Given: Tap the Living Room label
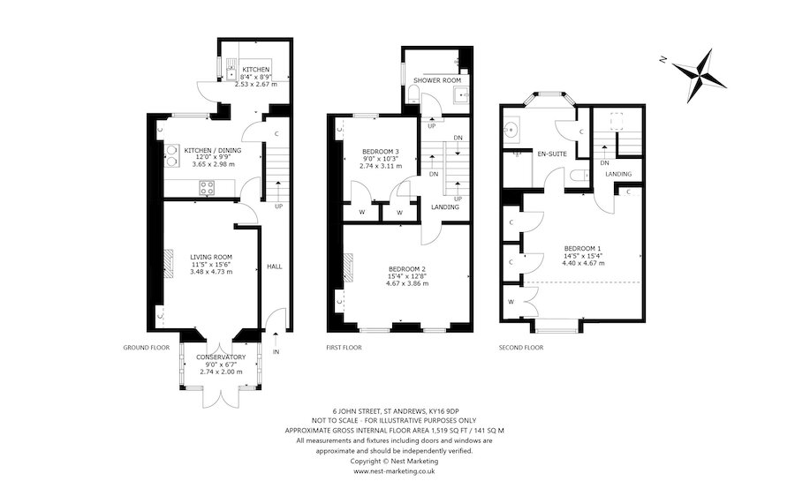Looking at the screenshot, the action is point(211,257).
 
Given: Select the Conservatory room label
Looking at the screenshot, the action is point(221,357).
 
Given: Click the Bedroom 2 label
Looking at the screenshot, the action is point(407,268).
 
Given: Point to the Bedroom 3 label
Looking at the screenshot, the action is point(380,151).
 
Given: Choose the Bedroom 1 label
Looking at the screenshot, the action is point(583,248).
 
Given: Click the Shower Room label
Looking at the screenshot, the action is point(437,80).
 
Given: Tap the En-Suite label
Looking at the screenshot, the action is point(552,154).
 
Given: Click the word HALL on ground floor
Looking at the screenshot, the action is point(275,267).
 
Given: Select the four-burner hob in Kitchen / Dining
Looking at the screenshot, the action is point(207,188).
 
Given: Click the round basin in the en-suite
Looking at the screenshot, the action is point(510,131).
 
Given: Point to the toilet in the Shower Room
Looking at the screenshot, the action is point(413,94).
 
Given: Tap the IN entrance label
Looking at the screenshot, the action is point(276,351).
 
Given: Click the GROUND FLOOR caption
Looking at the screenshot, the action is point(146,348).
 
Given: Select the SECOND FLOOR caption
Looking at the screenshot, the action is point(520,348).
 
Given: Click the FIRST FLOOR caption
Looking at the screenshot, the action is point(344,348).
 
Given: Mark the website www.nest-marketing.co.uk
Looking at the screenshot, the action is point(394,471).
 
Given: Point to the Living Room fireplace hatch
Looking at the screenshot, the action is point(169,263).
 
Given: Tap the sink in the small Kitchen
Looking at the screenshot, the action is point(231,70).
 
